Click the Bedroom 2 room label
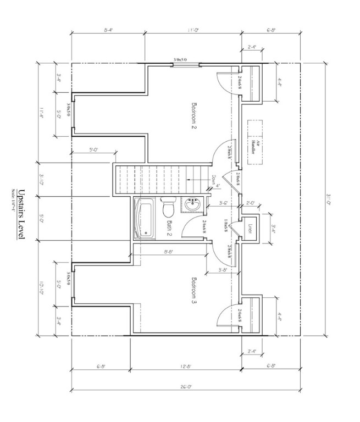(x=194, y=115)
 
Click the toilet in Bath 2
(x=168, y=208)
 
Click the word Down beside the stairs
(x=214, y=181)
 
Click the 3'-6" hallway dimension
(x=224, y=203)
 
